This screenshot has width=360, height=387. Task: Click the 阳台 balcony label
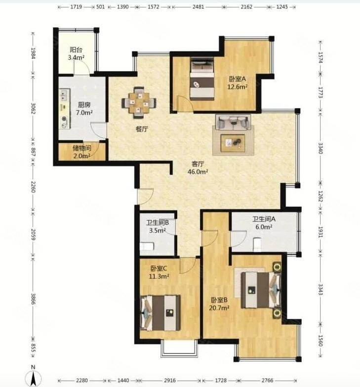[76, 50]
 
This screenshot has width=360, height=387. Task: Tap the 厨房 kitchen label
[84, 105]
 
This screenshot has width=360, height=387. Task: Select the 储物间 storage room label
[82, 148]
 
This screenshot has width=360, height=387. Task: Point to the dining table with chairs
[139, 102]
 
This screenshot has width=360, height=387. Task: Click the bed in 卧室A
[202, 79]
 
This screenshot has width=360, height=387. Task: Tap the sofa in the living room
[233, 122]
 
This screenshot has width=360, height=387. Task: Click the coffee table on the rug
[233, 143]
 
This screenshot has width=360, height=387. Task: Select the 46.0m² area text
[198, 172]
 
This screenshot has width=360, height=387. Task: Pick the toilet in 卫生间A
[257, 245]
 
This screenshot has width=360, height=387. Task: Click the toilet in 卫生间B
[147, 246]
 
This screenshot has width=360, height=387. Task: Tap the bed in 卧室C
[160, 313]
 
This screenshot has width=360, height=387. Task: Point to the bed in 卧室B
[261, 290]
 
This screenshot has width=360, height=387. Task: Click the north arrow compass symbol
[33, 377]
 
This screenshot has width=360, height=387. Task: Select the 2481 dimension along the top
[198, 6]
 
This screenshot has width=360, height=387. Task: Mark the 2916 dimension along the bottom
[170, 381]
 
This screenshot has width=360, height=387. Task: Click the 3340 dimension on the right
[320, 148]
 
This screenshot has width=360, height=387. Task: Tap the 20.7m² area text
[219, 308]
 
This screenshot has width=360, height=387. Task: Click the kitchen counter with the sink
[65, 109]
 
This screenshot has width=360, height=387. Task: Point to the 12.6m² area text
[237, 87]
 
